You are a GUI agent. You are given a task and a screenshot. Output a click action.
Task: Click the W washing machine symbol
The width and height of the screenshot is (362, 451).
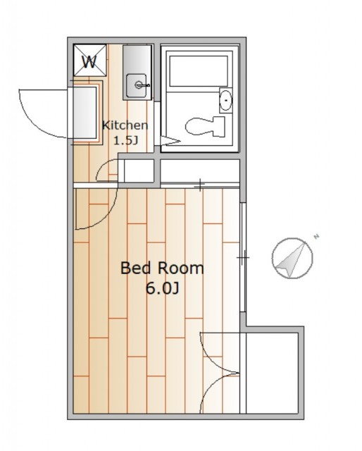pyautogui.click(x=89, y=60)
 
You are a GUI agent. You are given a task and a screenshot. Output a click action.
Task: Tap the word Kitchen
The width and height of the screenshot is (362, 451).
pyautogui.click(x=125, y=125)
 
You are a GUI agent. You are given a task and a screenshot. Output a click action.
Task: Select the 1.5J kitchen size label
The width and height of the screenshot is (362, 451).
pyautogui.click(x=125, y=141)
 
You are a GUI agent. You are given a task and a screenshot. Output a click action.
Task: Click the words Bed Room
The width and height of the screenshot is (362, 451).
pyautogui.click(x=162, y=268)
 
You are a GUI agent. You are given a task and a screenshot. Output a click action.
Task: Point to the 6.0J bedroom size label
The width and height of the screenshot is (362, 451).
pyautogui.click(x=163, y=288)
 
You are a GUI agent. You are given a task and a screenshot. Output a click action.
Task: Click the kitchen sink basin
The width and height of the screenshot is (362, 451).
pyautogui.click(x=137, y=85)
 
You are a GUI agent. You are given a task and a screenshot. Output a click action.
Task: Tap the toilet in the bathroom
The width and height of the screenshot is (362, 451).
pyautogui.click(x=205, y=127)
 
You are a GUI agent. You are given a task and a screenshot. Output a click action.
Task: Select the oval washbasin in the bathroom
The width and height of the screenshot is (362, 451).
pyautogui.click(x=226, y=100)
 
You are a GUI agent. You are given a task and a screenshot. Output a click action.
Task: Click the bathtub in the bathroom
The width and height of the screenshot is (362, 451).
pyautogui.click(x=199, y=71)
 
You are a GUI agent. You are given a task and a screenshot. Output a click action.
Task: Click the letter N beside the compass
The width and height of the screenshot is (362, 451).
pyautogui.click(x=316, y=237)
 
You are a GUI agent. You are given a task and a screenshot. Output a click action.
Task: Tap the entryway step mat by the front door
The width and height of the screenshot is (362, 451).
pyautogui.click(x=85, y=113)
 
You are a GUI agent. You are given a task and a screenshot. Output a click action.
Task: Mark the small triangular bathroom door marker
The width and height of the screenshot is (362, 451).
pyautogui.click(x=170, y=141)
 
